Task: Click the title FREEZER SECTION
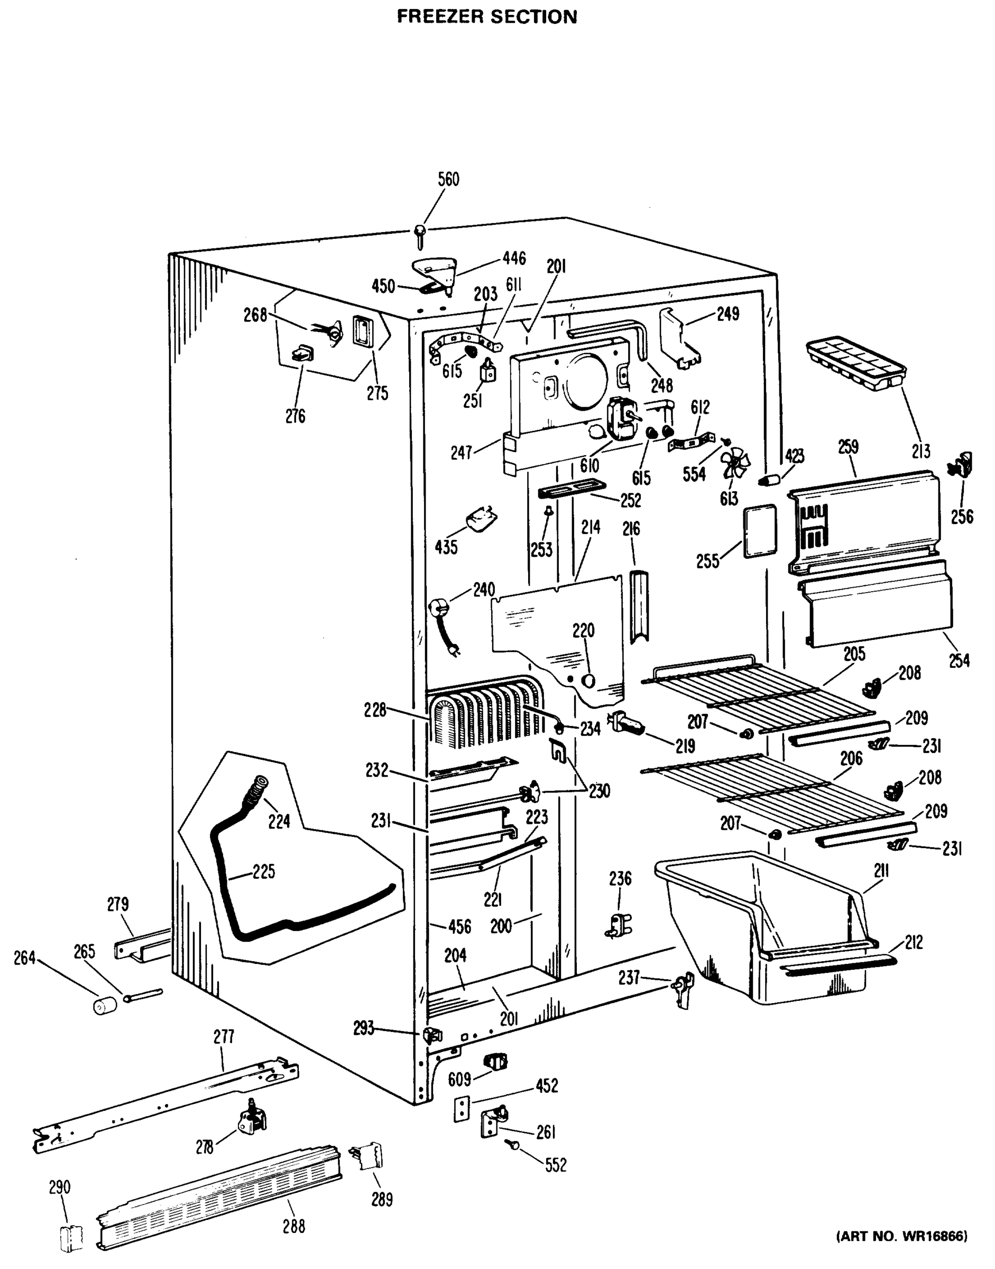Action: point(487,16)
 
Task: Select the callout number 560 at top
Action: point(448,179)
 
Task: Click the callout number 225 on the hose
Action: point(264,872)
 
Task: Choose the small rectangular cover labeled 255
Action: point(760,531)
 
